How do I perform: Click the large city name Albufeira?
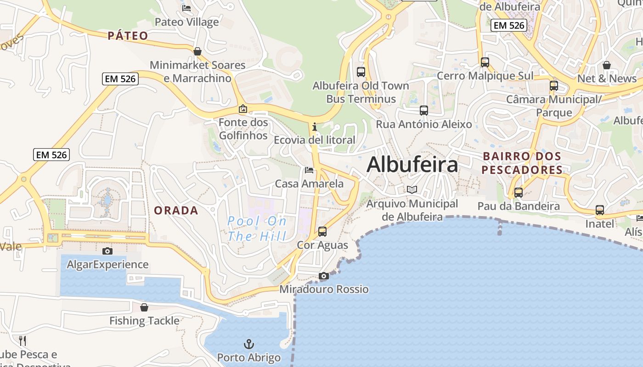pos(412,165)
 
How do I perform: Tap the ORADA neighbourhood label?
pos(176,211)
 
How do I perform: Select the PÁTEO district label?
pos(128,36)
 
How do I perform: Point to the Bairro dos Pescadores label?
pos(522,163)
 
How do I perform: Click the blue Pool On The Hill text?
pos(257,228)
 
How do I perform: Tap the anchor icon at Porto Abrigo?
pos(248,344)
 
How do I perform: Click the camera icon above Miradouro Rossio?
pos(324,276)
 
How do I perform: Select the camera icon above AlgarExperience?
pos(107,251)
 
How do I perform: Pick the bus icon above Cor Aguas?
pos(322,232)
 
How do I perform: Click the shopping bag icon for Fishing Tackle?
pos(144,307)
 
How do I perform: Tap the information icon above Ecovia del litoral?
pos(314,127)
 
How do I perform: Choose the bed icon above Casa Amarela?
pos(309,170)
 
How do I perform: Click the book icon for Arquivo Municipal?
pos(412,189)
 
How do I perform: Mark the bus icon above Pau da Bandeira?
pos(519,193)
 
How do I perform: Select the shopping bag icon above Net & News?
pos(607,65)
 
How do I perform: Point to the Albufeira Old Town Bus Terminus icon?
pos(361,72)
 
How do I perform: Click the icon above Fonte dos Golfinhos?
pos(243,109)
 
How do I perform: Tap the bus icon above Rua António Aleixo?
pos(424,111)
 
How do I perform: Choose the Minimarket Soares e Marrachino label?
pos(197,72)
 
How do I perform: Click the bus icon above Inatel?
pos(600,210)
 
